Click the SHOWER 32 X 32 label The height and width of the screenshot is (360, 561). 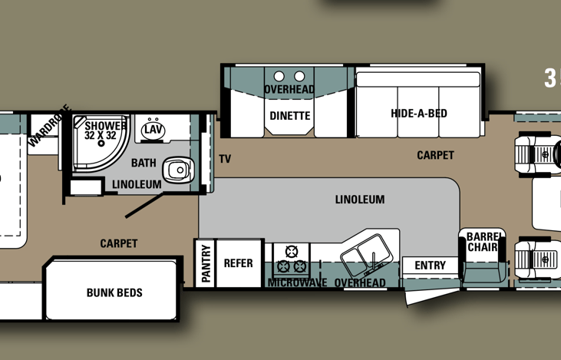pyautogui.click(x=101, y=130)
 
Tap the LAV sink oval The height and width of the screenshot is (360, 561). pyautogui.click(x=153, y=130)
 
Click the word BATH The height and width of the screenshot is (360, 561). pyautogui.click(x=144, y=163)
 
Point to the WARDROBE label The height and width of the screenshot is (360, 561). pyautogui.click(x=49, y=125)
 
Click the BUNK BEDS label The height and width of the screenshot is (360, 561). pyautogui.click(x=114, y=292)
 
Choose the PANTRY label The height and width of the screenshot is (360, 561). pyautogui.click(x=206, y=264)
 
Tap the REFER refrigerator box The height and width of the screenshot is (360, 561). pyautogui.click(x=238, y=263)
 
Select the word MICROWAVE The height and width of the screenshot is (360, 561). pyautogui.click(x=297, y=283)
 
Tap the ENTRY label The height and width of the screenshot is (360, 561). pyautogui.click(x=430, y=266)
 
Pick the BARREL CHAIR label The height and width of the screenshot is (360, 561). pyautogui.click(x=483, y=242)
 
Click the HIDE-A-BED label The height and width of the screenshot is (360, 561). pyautogui.click(x=418, y=114)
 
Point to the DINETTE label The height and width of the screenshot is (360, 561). pyautogui.click(x=290, y=116)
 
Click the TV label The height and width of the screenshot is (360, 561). pyautogui.click(x=225, y=160)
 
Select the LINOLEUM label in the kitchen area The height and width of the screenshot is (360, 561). pyautogui.click(x=359, y=200)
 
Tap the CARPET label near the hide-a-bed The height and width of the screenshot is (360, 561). pyautogui.click(x=435, y=155)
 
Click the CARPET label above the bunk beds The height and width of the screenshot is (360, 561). pyautogui.click(x=119, y=243)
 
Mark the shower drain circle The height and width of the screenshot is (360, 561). pyautogui.click(x=101, y=144)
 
